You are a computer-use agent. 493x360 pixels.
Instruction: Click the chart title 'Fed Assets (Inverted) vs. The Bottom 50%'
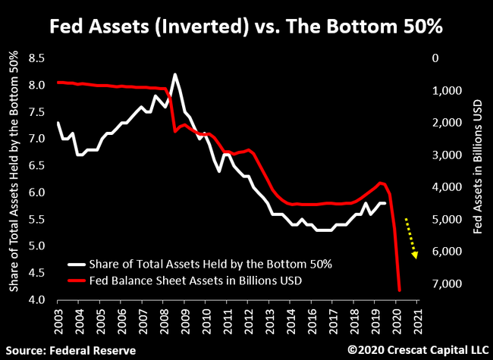coord(246,28)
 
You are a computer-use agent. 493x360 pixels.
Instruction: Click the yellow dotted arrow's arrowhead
coord(415,255)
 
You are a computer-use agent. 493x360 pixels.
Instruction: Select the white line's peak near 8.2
coord(175,74)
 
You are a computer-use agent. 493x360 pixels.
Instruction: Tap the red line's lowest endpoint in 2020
coord(399,290)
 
